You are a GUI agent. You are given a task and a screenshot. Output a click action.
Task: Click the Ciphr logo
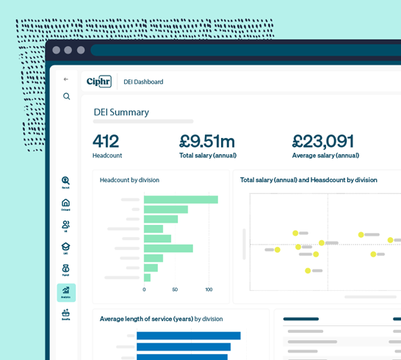tap(99, 82)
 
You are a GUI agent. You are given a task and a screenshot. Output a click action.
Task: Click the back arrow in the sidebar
tap(66, 79)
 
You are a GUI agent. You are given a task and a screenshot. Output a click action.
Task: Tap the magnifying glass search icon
tap(66, 96)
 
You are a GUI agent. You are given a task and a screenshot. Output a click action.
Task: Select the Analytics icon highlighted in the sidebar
tap(66, 292)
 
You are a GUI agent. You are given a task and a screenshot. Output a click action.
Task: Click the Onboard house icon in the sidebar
tap(66, 204)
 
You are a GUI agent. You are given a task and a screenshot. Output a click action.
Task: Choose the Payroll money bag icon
tap(66, 269)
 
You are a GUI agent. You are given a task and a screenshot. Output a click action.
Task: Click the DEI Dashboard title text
tap(143, 82)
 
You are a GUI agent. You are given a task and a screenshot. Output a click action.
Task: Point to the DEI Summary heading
tap(121, 112)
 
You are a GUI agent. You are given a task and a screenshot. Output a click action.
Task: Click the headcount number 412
tap(106, 141)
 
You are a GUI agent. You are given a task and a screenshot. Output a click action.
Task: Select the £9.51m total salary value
tap(207, 141)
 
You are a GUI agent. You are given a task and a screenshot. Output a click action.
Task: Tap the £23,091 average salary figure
tap(322, 141)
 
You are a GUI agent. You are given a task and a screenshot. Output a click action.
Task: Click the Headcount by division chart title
tap(129, 180)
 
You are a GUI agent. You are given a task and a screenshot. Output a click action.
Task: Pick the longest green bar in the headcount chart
tap(181, 199)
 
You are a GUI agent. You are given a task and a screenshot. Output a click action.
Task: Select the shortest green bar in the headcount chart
tap(147, 278)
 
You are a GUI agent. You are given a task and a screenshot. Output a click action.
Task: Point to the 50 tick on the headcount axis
tap(175, 289)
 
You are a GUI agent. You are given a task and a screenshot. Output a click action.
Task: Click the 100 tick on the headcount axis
tap(209, 289)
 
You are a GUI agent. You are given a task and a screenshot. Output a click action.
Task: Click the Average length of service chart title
tap(161, 319)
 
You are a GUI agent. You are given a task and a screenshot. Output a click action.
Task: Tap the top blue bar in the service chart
tap(188, 336)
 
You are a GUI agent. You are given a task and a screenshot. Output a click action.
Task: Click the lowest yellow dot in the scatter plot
tap(308, 270)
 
